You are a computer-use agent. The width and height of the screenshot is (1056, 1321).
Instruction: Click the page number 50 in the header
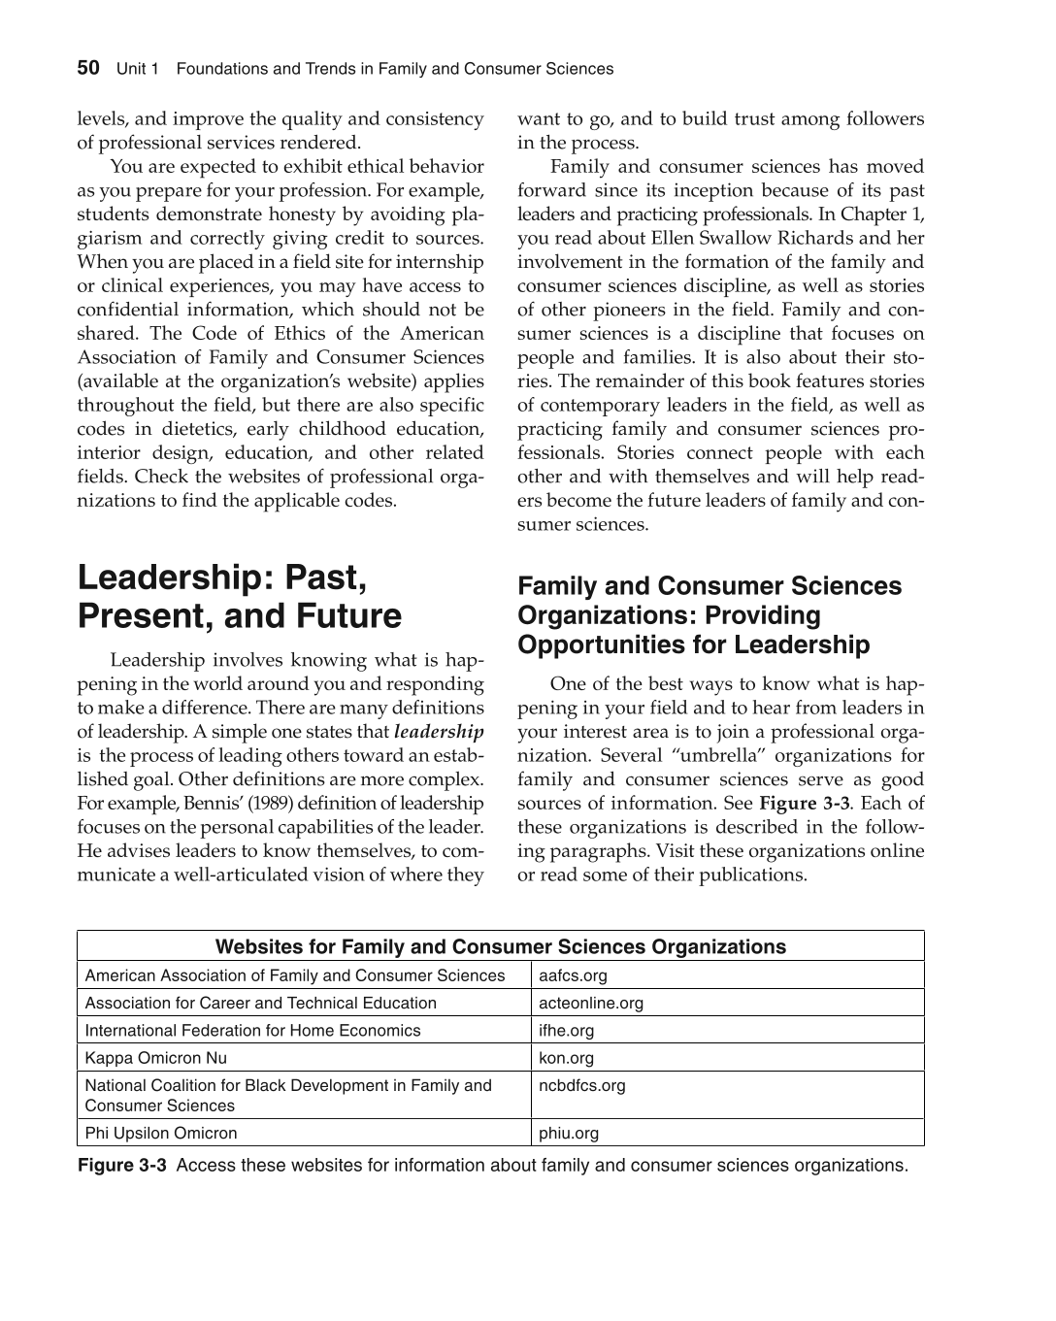click(x=88, y=68)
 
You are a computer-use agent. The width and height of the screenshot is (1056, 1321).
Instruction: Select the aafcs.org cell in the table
click(x=573, y=975)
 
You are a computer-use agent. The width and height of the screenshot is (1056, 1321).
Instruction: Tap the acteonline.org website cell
click(x=590, y=1003)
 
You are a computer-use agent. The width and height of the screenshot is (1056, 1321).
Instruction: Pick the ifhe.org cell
click(x=566, y=1030)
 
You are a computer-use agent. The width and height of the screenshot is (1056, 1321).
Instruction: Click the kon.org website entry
click(x=566, y=1058)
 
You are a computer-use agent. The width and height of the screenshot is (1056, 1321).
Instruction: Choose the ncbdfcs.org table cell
click(x=581, y=1085)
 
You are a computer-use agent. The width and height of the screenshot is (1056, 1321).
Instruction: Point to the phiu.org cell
click(x=569, y=1133)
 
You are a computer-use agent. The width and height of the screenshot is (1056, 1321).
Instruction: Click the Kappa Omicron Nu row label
click(x=155, y=1058)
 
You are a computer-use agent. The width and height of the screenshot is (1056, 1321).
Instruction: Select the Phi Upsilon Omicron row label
click(x=161, y=1133)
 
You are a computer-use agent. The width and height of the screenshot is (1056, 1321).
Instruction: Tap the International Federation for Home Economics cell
click(x=252, y=1030)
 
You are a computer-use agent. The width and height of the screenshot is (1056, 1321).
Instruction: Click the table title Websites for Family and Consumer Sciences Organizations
click(x=500, y=946)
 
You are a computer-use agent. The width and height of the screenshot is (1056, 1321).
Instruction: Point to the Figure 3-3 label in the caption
click(x=121, y=1165)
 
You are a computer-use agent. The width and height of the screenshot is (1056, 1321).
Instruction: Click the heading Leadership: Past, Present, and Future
click(x=239, y=597)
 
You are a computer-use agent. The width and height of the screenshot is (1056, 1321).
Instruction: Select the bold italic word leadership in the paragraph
click(x=439, y=732)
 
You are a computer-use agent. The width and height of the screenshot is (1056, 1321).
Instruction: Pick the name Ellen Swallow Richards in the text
click(x=737, y=239)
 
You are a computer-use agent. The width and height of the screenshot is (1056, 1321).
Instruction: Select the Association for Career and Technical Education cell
click(x=260, y=1003)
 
